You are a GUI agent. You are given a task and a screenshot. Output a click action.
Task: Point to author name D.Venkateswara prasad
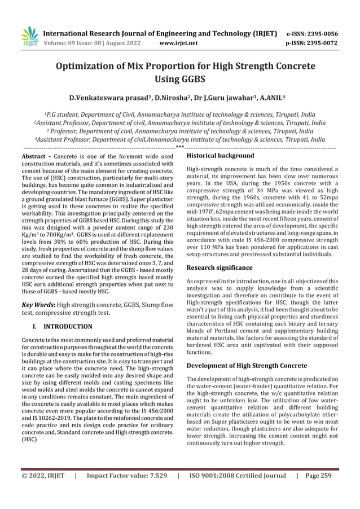pos(104,97)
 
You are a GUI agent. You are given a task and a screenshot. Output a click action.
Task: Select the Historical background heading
pos(220,155)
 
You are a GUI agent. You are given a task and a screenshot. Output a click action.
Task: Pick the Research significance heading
pos(219,267)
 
